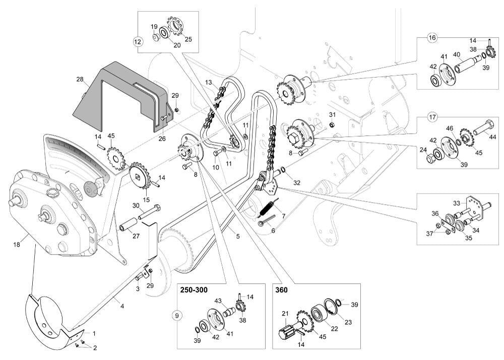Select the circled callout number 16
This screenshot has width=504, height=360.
(x=432, y=38)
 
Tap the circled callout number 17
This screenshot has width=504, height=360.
(x=432, y=117)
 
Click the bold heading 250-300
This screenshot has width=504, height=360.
(x=194, y=291)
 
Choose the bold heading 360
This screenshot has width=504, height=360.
(x=281, y=291)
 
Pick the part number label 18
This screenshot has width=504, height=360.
(x=17, y=244)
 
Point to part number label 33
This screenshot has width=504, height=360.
(x=456, y=203)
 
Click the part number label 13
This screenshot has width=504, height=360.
(x=209, y=82)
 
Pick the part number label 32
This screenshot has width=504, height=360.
(x=297, y=183)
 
